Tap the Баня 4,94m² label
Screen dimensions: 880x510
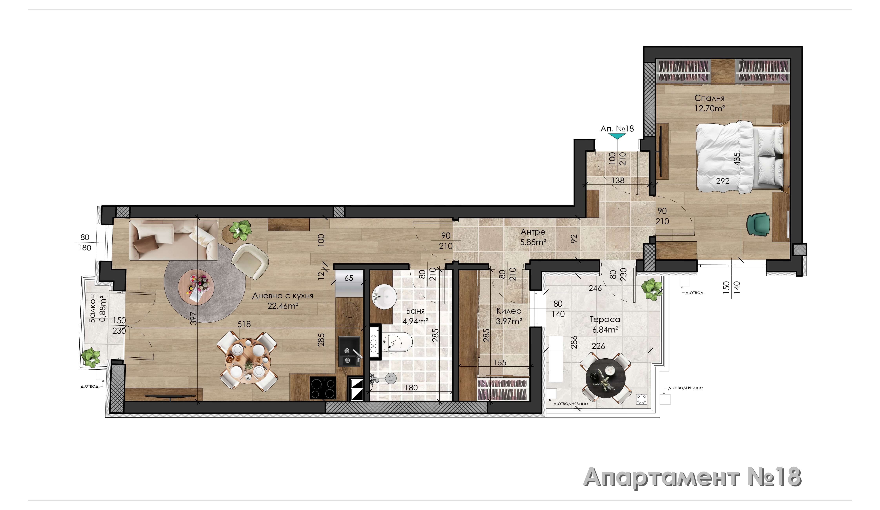(415, 316)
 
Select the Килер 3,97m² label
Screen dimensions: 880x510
(509, 316)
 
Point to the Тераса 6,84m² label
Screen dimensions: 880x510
(605, 324)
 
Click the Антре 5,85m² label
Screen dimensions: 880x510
(533, 237)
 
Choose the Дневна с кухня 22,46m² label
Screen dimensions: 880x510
(283, 301)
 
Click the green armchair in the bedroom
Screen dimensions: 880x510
(758, 225)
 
